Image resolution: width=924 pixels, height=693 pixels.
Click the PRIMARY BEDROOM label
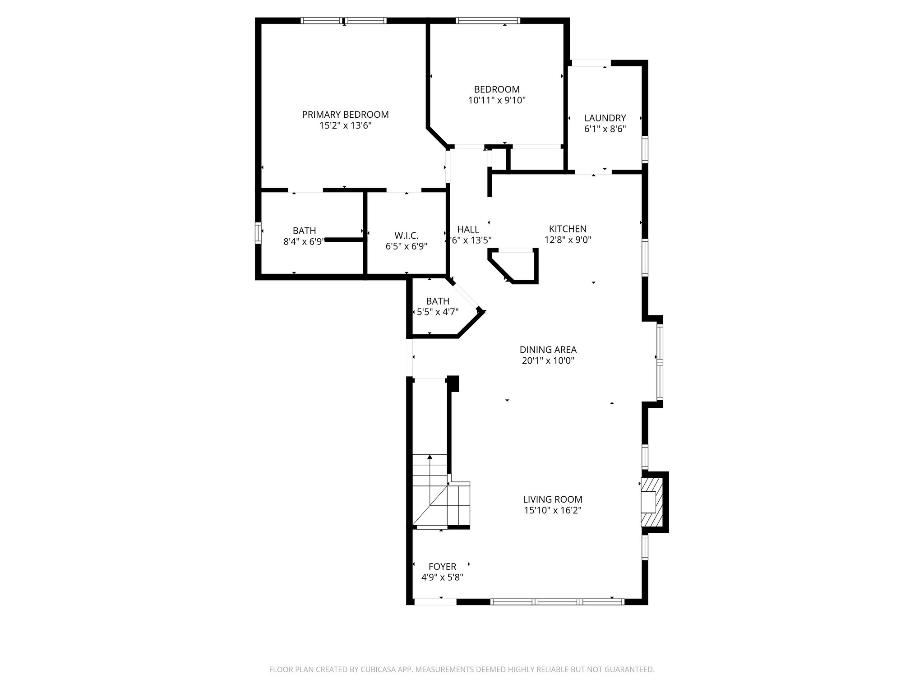pos(345,115)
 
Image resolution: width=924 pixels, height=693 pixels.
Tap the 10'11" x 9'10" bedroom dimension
pos(497,100)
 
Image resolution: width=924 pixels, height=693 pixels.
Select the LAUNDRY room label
pos(605,118)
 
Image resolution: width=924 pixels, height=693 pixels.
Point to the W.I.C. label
pos(406,236)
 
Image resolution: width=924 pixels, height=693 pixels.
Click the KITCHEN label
pos(568,229)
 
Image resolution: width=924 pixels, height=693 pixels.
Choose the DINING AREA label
pos(548,350)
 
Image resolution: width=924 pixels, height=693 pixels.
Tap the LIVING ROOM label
pos(552,499)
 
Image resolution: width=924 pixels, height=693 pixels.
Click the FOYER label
pos(442,567)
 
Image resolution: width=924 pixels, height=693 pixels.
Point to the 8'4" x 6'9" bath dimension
pos(304,242)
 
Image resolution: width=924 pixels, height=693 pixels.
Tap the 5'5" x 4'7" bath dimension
pos(437,311)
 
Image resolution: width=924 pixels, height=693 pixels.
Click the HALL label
pos(468,229)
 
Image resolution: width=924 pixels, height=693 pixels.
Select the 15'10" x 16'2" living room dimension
pos(552,510)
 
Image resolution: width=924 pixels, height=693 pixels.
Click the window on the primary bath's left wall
pos(258,233)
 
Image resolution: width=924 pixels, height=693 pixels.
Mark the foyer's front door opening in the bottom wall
pos(435,601)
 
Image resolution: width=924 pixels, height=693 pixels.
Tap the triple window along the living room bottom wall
pos(557,601)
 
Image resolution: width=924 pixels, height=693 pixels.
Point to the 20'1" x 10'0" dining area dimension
pos(548,361)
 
